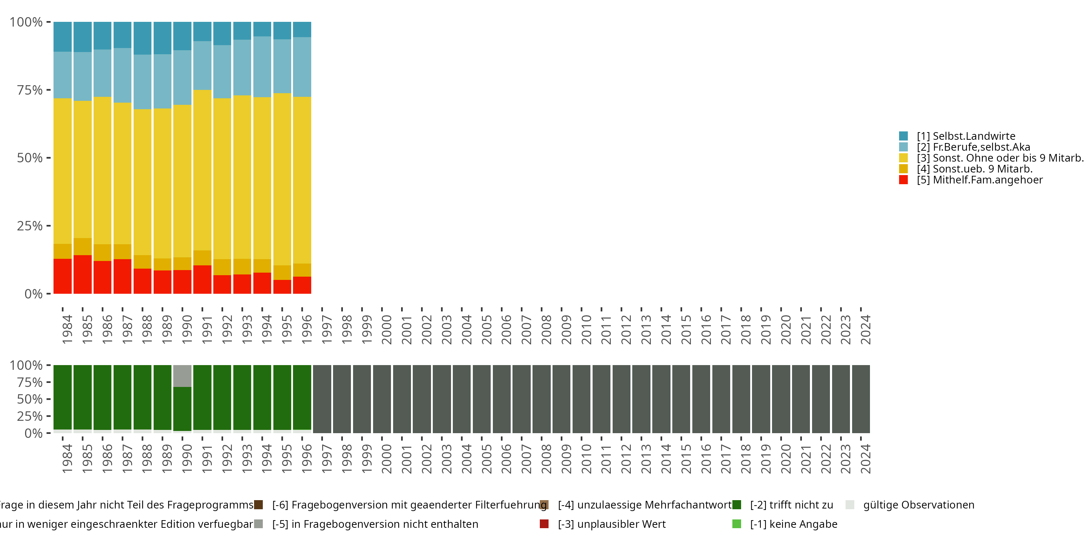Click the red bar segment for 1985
[83, 274]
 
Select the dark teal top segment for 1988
[142, 38]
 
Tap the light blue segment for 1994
[262, 67]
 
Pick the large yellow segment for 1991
[202, 170]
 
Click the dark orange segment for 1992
[222, 267]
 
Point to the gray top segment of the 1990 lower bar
[182, 376]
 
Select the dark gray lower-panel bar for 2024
[861, 399]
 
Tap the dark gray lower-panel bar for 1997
[322, 399]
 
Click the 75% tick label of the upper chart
[30, 90]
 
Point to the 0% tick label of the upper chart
[33, 294]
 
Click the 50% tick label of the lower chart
[30, 399]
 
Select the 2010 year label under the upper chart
[587, 329]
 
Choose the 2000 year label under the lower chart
[387, 459]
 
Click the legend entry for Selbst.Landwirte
[966, 136]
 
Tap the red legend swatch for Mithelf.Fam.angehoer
[903, 180]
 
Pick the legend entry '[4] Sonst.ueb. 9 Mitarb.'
[974, 169]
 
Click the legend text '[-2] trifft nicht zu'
[791, 505]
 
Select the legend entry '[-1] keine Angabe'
[794, 525]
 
